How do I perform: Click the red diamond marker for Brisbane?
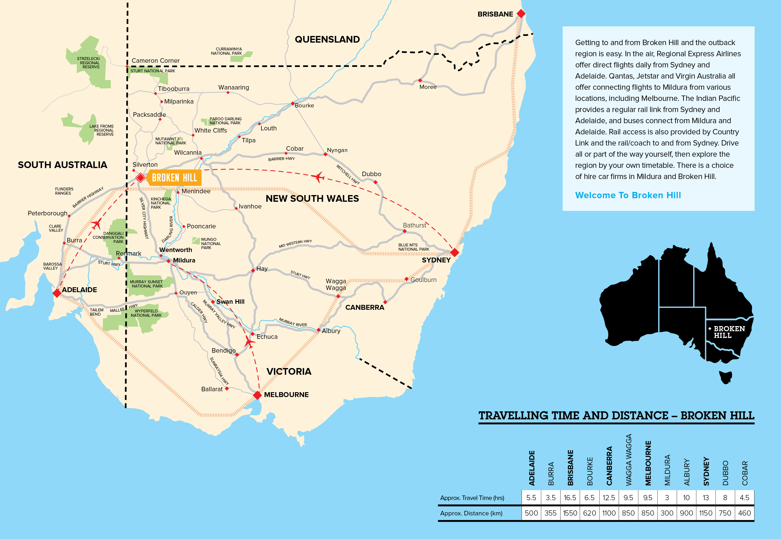(x=521, y=14)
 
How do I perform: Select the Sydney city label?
(x=436, y=260)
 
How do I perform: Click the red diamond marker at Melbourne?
(x=258, y=395)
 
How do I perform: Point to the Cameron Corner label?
(x=155, y=61)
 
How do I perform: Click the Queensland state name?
(x=327, y=40)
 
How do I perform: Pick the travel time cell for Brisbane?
(x=570, y=498)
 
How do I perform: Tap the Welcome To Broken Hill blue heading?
(x=628, y=195)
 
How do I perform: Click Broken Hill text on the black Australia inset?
(x=729, y=332)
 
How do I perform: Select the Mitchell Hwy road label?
(x=348, y=175)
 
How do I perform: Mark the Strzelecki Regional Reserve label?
(x=88, y=63)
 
